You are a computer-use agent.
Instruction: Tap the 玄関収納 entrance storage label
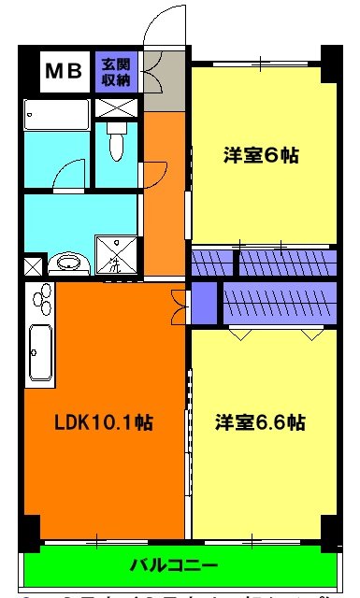(118, 72)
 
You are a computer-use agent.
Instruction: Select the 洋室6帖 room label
(261, 155)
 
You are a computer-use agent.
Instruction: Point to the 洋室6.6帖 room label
(261, 422)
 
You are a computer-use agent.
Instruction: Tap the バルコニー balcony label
(173, 565)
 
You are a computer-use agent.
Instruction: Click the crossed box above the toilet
(118, 106)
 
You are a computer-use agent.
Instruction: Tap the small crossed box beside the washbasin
(32, 265)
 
